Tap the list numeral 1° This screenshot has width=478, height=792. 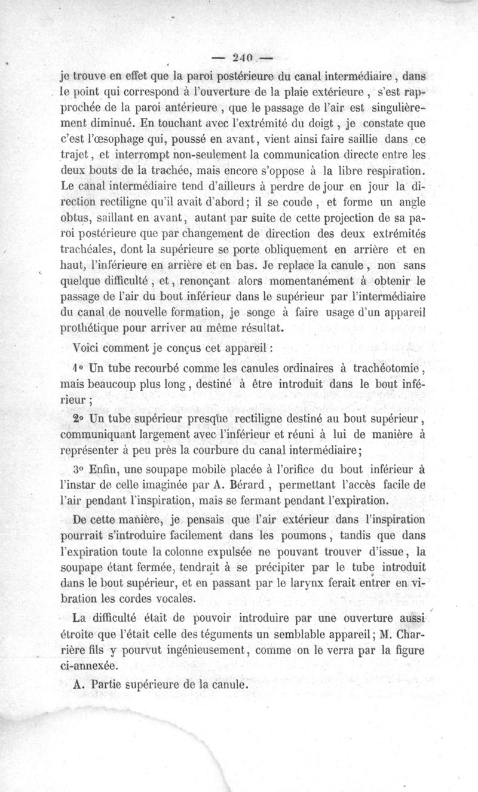[79, 368]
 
